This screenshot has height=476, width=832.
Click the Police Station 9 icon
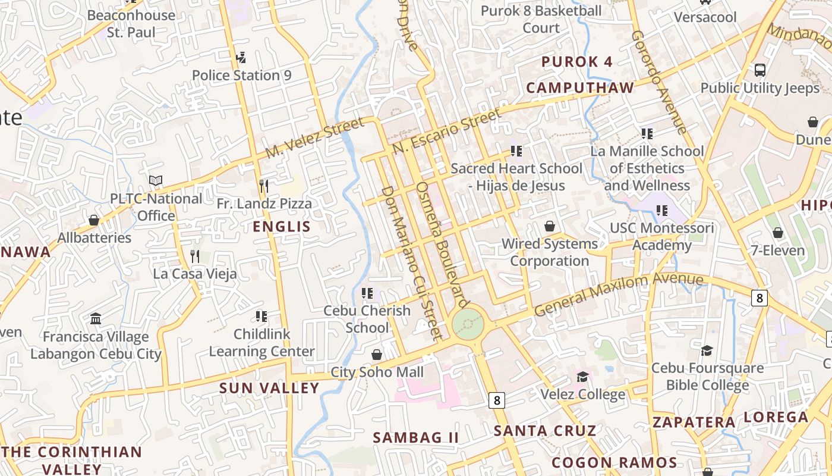tap(241, 58)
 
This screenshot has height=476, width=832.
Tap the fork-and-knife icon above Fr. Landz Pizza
tap(264, 186)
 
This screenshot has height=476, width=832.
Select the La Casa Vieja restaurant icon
tap(194, 256)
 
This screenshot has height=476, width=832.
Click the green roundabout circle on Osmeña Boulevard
tap(468, 324)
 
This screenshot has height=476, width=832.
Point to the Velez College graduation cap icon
tap(582, 377)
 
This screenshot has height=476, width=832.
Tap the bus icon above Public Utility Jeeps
tap(759, 70)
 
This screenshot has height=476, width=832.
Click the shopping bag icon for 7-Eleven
tap(777, 233)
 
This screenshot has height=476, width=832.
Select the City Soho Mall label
tap(377, 372)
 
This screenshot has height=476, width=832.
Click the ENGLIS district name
tap(282, 227)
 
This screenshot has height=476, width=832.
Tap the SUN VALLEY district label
tap(269, 388)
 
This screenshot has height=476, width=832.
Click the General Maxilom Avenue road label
tap(618, 293)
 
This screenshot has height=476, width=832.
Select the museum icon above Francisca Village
tap(96, 319)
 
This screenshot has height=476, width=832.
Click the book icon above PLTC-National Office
tap(156, 180)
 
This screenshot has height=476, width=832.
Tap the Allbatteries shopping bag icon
tap(94, 220)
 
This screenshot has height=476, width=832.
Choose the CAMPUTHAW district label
tap(580, 88)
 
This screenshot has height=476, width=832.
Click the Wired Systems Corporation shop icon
tap(550, 226)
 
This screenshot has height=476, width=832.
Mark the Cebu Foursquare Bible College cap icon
tap(707, 350)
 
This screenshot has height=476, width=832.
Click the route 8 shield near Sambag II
tap(496, 400)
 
